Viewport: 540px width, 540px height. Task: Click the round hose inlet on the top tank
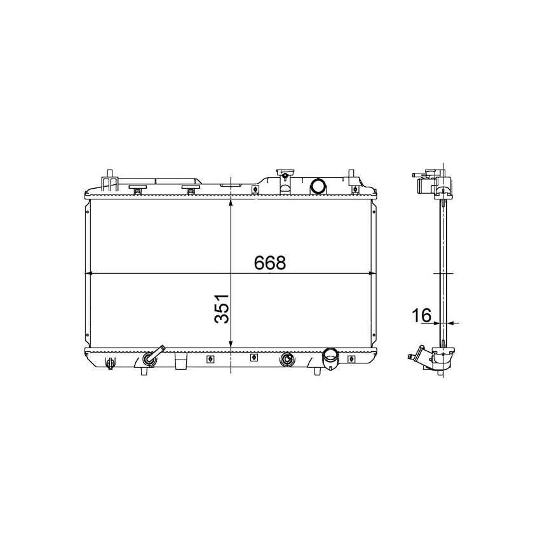[317, 186]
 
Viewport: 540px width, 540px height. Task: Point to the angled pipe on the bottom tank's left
[153, 356]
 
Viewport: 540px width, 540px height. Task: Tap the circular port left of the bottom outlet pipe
[287, 360]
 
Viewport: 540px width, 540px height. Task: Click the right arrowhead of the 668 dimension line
[372, 274]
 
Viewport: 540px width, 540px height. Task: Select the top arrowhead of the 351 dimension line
[230, 204]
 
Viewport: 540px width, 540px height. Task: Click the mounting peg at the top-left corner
[110, 175]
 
